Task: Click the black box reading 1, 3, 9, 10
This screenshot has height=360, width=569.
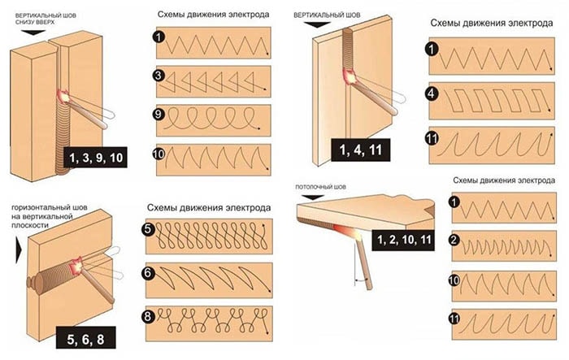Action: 95,158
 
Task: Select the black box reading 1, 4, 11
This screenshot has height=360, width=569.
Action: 360,150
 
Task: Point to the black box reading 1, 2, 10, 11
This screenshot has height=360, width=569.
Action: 403,240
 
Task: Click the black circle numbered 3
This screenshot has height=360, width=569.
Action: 159,76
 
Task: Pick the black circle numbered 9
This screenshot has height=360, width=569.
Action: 159,115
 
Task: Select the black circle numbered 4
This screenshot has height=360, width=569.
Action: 432,94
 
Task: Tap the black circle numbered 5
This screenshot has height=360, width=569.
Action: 148,230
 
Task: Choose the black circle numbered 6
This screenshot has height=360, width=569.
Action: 148,273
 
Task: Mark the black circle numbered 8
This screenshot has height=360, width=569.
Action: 148,316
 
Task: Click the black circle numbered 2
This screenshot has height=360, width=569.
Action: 454,241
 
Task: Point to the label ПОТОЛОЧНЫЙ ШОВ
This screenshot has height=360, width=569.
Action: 320,187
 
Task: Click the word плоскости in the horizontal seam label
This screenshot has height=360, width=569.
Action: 30,225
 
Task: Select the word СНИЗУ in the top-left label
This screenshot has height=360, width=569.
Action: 24,22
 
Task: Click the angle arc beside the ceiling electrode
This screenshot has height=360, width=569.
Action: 363,280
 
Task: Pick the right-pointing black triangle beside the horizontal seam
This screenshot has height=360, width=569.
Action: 19,251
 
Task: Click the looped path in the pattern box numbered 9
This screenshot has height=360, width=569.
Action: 211,119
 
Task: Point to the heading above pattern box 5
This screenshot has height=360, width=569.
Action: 209,208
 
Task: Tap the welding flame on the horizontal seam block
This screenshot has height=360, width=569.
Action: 77,266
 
